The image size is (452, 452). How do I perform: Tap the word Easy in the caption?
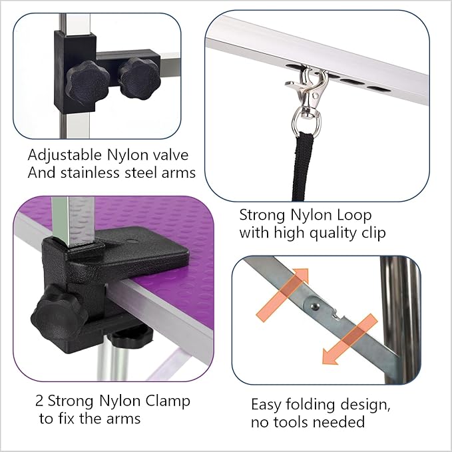[x=266, y=404]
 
